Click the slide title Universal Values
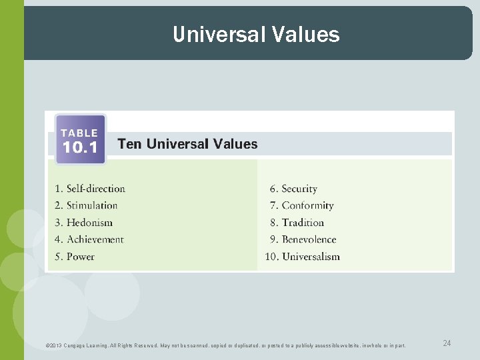pos(256,34)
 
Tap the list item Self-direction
pos(95,189)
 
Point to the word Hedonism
pos(89,223)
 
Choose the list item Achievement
pos(95,239)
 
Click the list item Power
pos(80,257)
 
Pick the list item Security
pos(299,189)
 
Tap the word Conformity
pos(307,205)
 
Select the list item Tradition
pos(303,223)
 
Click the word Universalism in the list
pos(311,257)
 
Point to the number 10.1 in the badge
pos(80,148)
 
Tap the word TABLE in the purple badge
pos(79,133)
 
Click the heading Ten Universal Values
pos(187,144)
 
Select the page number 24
pos(447,343)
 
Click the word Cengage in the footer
pos(75,345)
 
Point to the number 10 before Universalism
pos(271,257)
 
